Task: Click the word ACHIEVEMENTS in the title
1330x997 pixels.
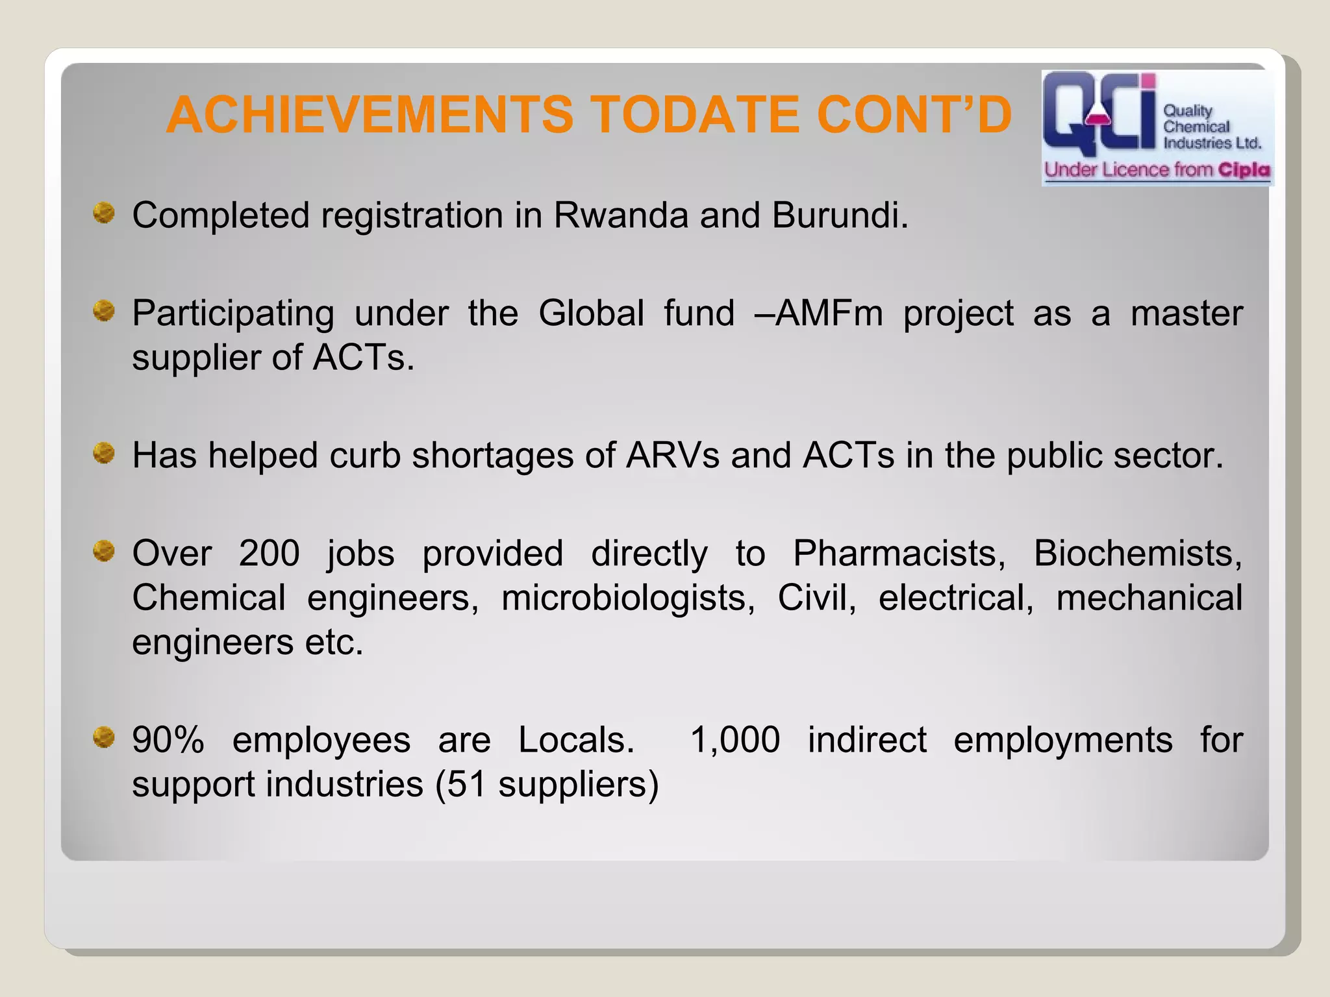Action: (370, 115)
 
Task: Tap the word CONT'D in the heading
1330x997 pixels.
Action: (914, 115)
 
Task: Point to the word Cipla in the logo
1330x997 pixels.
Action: (1244, 170)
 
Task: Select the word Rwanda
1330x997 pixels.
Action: (620, 215)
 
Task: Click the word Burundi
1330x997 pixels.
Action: (839, 215)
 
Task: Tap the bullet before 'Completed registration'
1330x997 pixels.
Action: (103, 213)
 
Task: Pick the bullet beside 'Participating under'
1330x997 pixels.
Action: (103, 311)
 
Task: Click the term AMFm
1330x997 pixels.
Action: (829, 314)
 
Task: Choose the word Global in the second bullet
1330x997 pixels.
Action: (591, 314)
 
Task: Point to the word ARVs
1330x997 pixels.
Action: (673, 455)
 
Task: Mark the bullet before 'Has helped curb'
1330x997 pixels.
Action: (103, 453)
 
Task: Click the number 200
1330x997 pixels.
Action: (269, 554)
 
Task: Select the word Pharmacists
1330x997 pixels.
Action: (899, 554)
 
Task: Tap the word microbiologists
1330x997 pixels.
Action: (628, 598)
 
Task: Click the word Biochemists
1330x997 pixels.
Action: (1137, 554)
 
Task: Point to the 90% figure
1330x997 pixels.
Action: (168, 740)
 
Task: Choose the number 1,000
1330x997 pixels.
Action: (734, 740)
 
